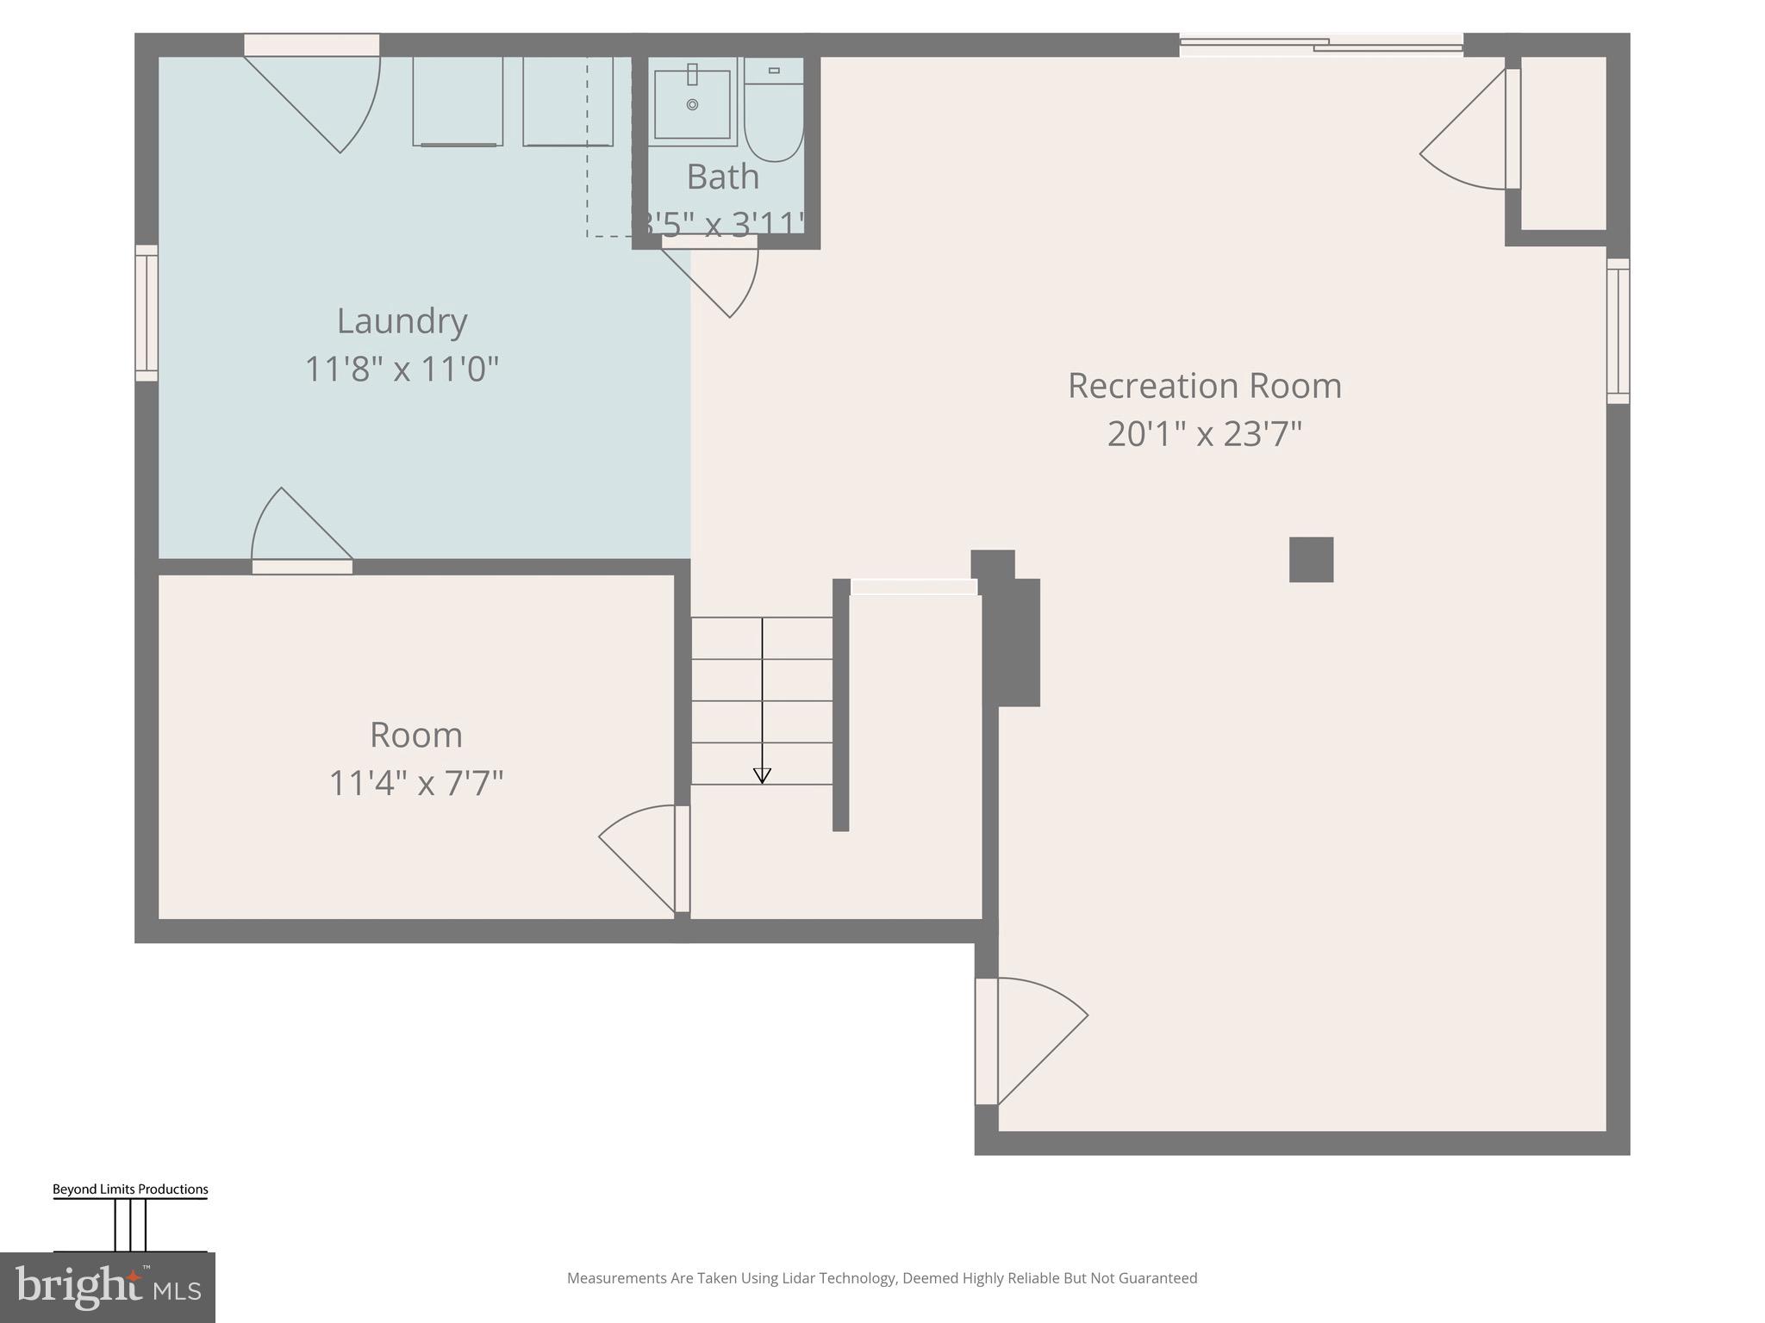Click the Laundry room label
click(402, 321)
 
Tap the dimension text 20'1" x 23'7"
click(1204, 433)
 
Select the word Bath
click(722, 177)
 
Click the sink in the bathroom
click(692, 104)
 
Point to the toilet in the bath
click(774, 112)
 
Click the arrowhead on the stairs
click(762, 776)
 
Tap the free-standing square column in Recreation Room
click(1311, 560)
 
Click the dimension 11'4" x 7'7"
click(416, 784)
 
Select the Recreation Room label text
click(1204, 386)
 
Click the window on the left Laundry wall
click(147, 313)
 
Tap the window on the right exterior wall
click(1618, 331)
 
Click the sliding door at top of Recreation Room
click(1320, 44)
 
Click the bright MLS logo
click(107, 1287)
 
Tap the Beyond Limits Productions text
click(130, 1189)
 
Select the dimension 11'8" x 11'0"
click(402, 370)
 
